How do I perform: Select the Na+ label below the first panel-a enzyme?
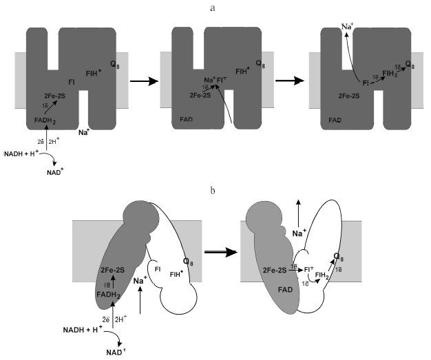(86, 131)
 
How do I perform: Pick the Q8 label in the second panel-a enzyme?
(260, 63)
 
